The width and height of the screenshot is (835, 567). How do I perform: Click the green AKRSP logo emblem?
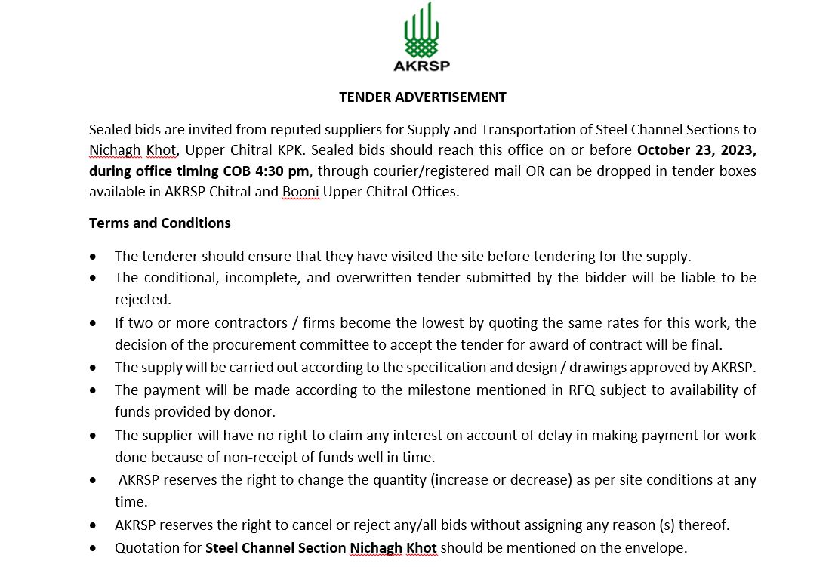click(x=421, y=31)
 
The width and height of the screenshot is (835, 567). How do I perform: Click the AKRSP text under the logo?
click(x=421, y=65)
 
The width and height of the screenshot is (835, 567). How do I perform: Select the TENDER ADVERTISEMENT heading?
click(x=422, y=97)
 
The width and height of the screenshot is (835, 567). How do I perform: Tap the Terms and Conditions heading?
click(x=160, y=223)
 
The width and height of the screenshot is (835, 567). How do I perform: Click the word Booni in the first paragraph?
click(x=300, y=192)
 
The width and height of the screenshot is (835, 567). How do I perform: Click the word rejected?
click(x=142, y=300)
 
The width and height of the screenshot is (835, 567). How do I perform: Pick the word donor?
click(x=257, y=412)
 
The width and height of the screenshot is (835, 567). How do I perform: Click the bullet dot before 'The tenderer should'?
click(x=93, y=257)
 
